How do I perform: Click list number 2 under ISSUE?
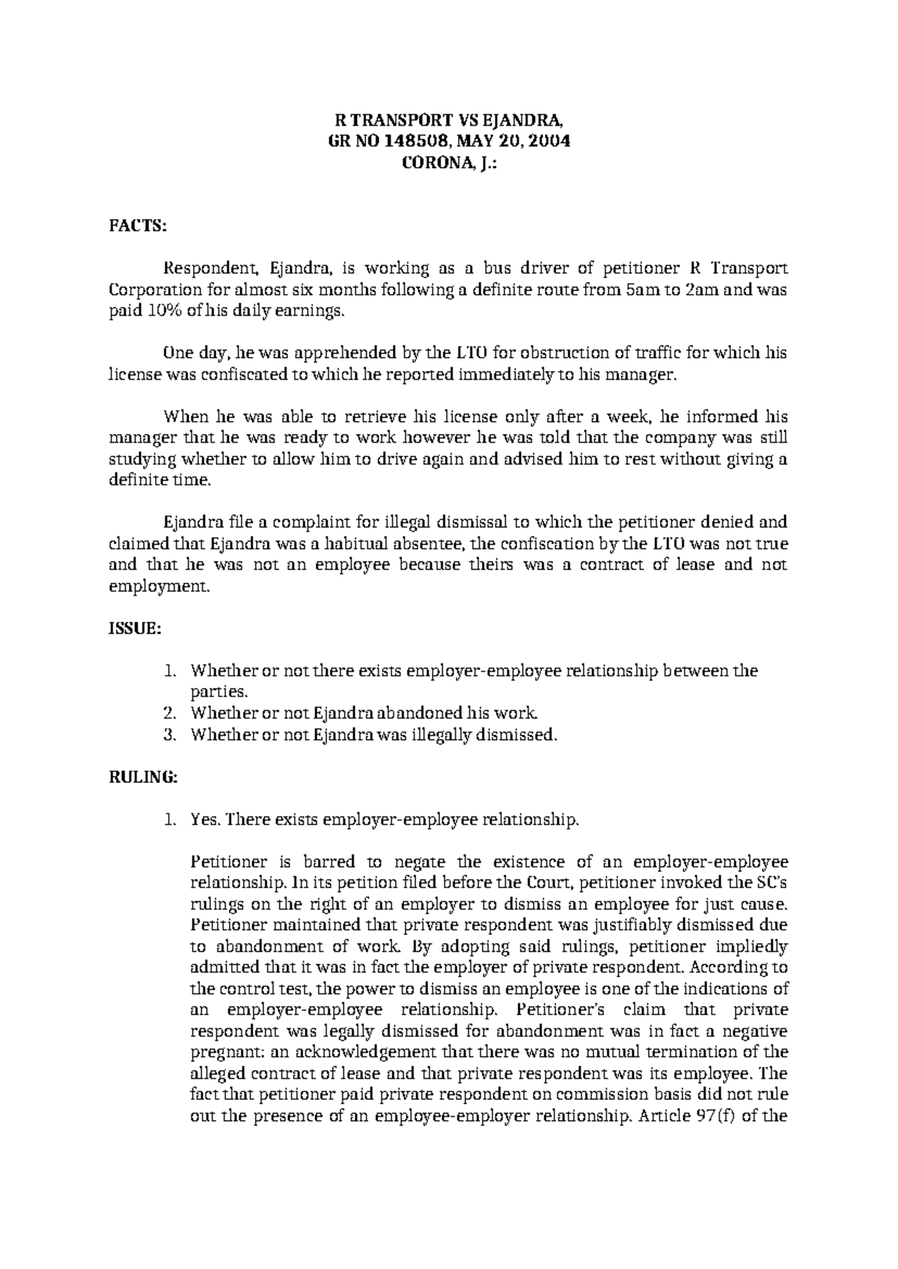coord(169,713)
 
